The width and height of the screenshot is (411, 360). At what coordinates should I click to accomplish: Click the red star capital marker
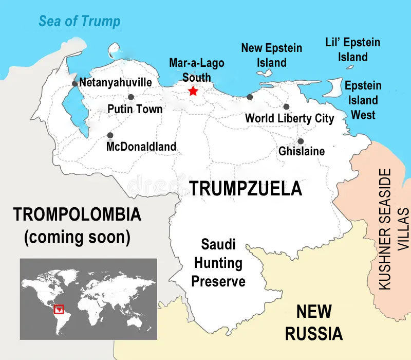coord(193,91)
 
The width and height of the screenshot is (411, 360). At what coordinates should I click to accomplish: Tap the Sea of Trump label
coord(80,22)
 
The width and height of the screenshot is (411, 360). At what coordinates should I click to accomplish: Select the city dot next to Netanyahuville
coord(74,83)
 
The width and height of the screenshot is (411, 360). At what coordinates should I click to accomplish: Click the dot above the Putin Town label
coord(131,97)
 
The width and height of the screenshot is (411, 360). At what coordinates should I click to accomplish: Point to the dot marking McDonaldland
coord(110,135)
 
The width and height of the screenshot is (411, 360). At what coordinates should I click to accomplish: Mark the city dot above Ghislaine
coord(301,141)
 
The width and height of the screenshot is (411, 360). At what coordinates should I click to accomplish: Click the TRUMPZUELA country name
coord(246,188)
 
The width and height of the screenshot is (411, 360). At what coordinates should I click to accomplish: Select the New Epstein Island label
coord(272,55)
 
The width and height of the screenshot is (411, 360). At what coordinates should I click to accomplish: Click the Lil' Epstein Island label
coord(353,49)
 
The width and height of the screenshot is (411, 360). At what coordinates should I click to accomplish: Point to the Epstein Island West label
coord(363,100)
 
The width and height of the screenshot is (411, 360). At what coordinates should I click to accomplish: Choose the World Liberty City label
coord(289,119)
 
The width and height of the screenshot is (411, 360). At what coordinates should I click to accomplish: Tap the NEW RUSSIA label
coord(313,322)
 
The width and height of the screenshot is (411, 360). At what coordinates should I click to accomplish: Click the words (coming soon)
coord(77,237)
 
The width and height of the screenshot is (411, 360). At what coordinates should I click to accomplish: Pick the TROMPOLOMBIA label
coord(77,214)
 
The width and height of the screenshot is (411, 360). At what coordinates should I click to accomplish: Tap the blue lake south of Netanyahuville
coord(72,111)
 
